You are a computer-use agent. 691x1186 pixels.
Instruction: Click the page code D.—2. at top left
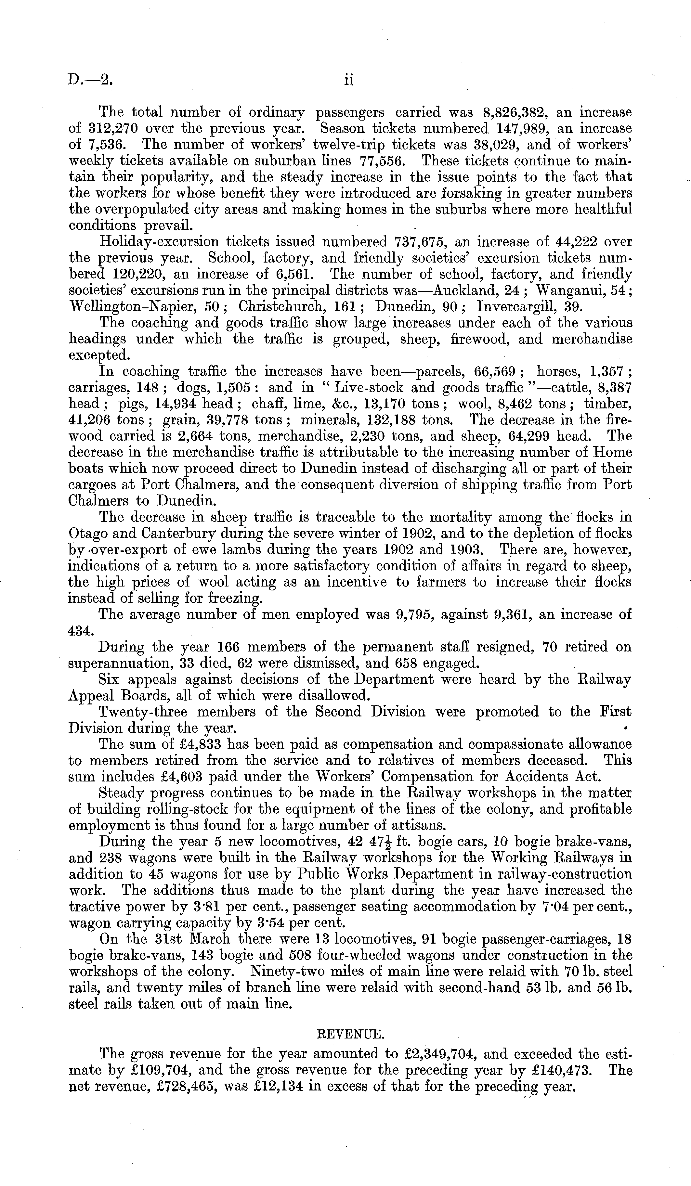pyautogui.click(x=90, y=80)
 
